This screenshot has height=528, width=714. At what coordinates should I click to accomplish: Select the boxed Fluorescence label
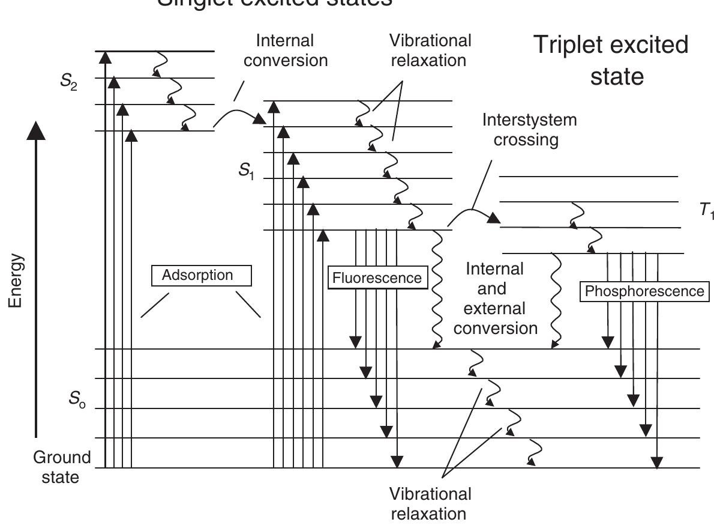tap(377, 279)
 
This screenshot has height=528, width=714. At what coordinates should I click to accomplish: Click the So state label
tap(76, 399)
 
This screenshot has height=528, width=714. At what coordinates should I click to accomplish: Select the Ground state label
tap(62, 467)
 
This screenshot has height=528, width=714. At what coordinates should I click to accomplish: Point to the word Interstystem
tap(529, 120)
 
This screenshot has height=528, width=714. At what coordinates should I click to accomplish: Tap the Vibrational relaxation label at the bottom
tap(430, 503)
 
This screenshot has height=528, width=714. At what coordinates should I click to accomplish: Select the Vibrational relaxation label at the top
tap(430, 50)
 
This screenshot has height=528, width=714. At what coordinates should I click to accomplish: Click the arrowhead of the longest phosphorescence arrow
tap(658, 462)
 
